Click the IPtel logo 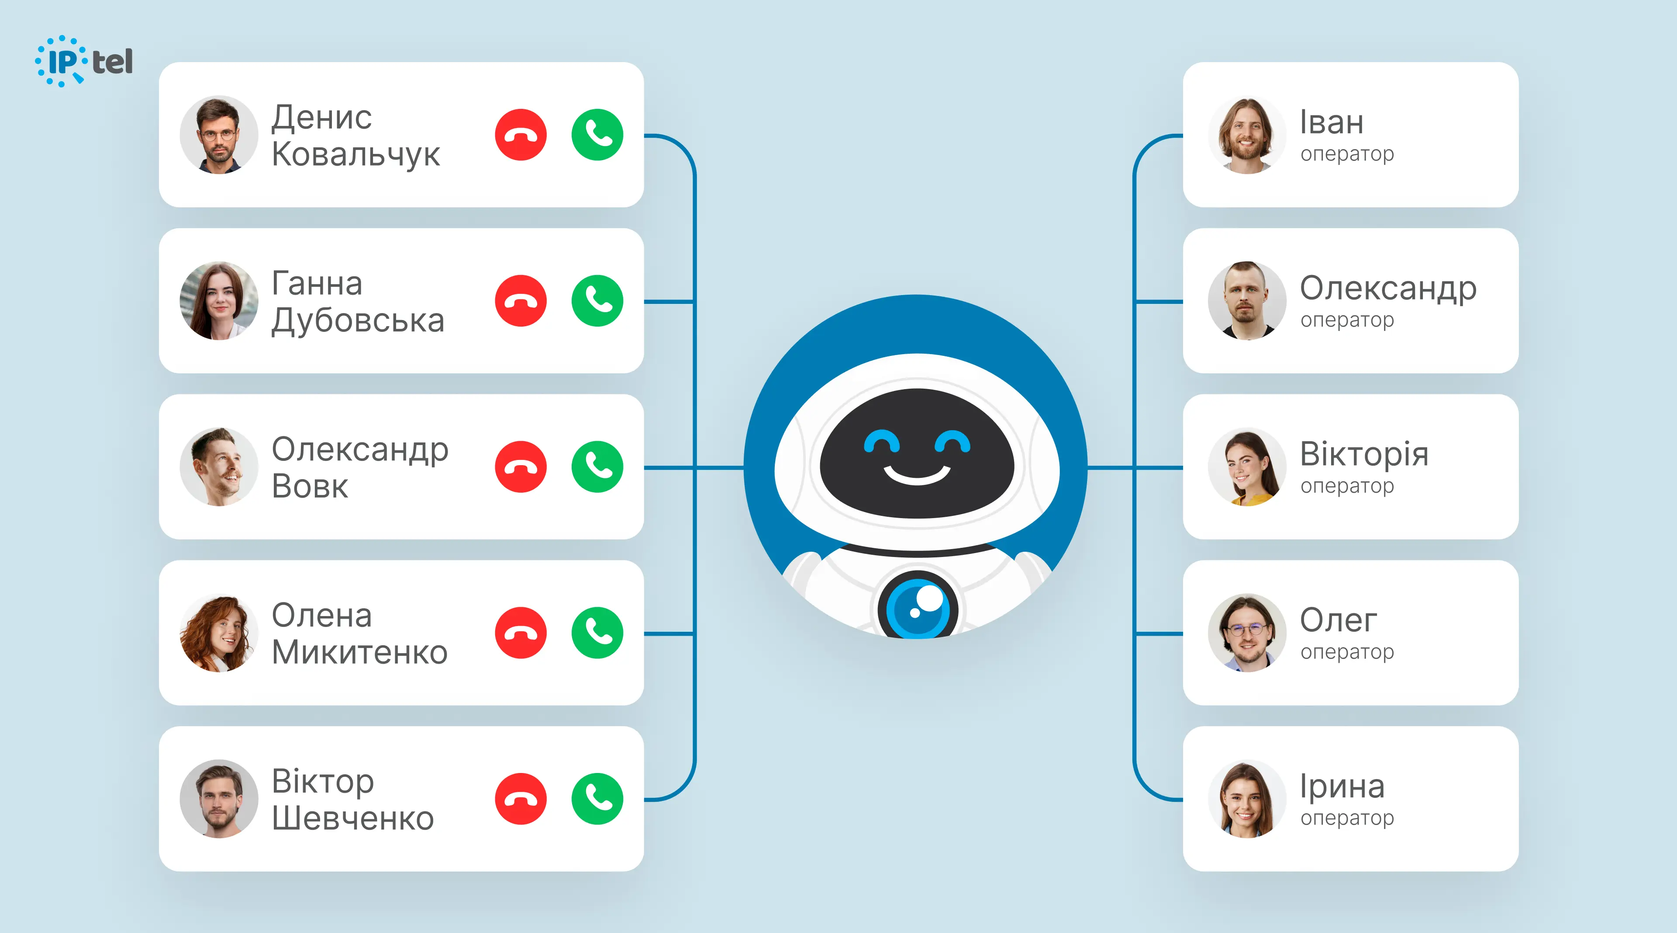(x=84, y=61)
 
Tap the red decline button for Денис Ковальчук (x=521, y=135)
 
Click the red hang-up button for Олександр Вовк (x=521, y=467)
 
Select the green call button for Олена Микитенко (x=597, y=633)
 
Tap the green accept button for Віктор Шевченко (x=597, y=799)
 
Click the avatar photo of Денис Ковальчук (x=219, y=135)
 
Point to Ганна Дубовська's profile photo (x=219, y=301)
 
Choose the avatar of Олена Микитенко (x=219, y=633)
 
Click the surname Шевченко (x=353, y=818)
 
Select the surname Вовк (x=310, y=486)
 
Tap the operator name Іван (x=1331, y=122)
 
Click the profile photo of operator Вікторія (x=1247, y=467)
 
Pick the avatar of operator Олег (x=1247, y=633)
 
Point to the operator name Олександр (x=1388, y=289)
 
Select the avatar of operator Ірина (x=1247, y=799)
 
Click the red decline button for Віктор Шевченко (x=521, y=799)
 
